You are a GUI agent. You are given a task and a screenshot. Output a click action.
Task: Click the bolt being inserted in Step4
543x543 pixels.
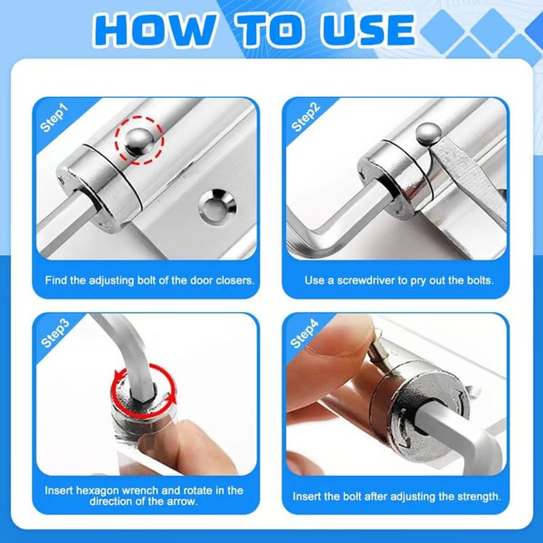click(x=380, y=352)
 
